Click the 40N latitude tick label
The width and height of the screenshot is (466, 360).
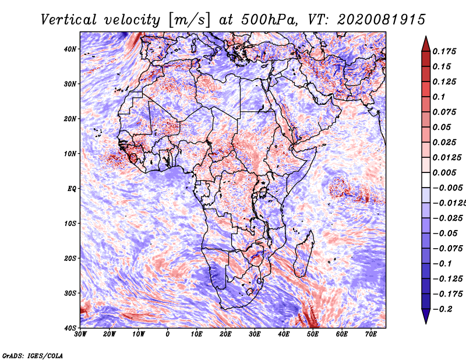point(69,49)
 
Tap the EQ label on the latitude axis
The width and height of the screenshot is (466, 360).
point(72,189)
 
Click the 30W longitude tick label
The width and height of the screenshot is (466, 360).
point(80,334)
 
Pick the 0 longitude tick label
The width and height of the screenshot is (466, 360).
point(168,334)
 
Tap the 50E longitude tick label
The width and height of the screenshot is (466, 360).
point(313,334)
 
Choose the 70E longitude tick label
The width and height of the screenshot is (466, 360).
point(370,334)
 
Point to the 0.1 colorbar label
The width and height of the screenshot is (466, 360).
point(439,97)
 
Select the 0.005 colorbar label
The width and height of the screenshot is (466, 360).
point(444,172)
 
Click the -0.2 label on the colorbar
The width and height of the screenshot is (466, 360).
point(443,309)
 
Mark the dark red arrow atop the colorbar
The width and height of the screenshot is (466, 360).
point(426,44)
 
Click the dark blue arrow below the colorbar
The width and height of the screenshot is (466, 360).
point(426,316)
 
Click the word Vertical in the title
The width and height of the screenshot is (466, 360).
point(68,20)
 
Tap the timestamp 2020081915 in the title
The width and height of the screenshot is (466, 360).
point(382,20)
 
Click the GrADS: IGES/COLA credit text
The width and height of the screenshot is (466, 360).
point(33,356)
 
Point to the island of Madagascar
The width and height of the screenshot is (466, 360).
point(303,253)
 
